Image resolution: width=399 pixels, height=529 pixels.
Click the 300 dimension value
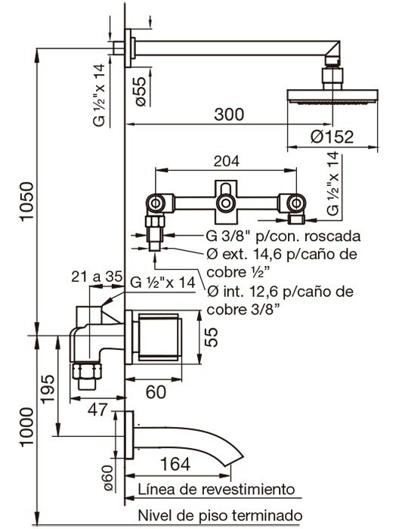[x=229, y=115]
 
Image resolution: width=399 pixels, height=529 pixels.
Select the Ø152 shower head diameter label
[x=332, y=137]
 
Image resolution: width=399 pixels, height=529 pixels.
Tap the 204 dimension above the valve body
[x=226, y=161]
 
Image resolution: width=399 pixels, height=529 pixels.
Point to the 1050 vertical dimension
[x=27, y=202]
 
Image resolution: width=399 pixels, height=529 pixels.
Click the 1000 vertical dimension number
[x=27, y=428]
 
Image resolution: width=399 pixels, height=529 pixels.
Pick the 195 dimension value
[x=48, y=388]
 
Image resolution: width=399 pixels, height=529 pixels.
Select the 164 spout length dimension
[x=175, y=464]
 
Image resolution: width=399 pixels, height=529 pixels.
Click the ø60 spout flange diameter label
[x=107, y=478]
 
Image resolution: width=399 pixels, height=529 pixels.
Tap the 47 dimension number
[x=97, y=410]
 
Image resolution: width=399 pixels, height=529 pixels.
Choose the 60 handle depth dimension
[x=156, y=392]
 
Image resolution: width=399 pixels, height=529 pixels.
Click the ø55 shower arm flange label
[x=141, y=91]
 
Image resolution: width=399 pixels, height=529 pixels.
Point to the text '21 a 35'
[x=97, y=277]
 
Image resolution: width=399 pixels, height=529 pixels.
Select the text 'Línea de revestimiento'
[x=216, y=489]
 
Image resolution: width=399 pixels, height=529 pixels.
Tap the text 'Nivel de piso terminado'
[x=220, y=515]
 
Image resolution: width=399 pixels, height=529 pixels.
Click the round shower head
[x=332, y=96]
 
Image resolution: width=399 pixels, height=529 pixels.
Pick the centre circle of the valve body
[x=226, y=203]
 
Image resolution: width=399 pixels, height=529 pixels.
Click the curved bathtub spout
[x=189, y=442]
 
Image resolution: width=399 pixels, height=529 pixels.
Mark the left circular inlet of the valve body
[x=155, y=203]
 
